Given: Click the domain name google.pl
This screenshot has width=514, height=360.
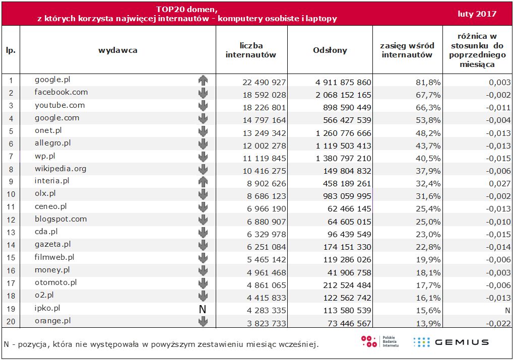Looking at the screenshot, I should pyautogui.click(x=51, y=80).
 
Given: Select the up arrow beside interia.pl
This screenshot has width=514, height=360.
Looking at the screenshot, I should pyautogui.click(x=203, y=182).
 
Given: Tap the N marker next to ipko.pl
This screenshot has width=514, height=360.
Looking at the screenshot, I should pyautogui.click(x=203, y=309).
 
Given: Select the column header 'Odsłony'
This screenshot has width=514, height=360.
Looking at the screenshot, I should pyautogui.click(x=330, y=50).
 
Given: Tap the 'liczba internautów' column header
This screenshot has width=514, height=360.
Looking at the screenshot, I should pyautogui.click(x=251, y=50).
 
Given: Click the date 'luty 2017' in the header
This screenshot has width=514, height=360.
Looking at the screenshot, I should pyautogui.click(x=477, y=14).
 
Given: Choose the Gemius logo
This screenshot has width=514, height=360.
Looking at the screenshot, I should pyautogui.click(x=451, y=342).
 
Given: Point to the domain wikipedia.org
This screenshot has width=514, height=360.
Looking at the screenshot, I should pyautogui.click(x=60, y=168).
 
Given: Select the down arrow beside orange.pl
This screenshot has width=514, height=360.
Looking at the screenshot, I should pyautogui.click(x=203, y=321).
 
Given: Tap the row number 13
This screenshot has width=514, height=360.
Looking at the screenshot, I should pyautogui.click(x=11, y=234).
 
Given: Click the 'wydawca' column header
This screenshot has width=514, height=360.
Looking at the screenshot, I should pyautogui.click(x=117, y=50).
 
